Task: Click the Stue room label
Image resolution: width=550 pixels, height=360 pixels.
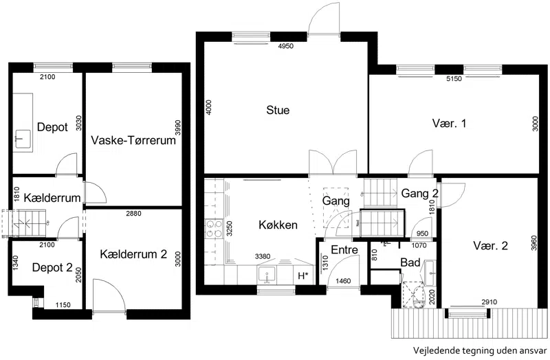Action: coord(278,110)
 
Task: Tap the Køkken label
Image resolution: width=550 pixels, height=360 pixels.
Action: coord(278,225)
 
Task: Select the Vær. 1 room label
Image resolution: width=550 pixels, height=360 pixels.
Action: coord(449,124)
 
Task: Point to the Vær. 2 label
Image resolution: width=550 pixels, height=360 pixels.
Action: coord(490,245)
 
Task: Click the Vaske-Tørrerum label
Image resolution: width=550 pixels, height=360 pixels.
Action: coord(133,140)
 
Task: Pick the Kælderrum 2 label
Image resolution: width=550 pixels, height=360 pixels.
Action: coord(133,254)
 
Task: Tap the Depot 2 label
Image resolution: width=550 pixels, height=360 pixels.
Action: coord(52,267)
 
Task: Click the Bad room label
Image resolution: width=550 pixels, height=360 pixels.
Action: coord(410,262)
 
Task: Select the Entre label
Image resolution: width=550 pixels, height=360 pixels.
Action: coord(344,249)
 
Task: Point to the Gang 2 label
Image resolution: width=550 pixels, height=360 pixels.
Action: coord(420,193)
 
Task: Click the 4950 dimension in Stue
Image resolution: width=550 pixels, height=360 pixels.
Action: coord(285,46)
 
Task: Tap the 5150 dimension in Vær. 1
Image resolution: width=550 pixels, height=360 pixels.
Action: coord(454,79)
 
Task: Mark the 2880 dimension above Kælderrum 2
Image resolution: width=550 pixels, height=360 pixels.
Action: coord(133,214)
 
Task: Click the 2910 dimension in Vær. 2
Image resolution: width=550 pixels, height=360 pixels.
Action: coord(489,302)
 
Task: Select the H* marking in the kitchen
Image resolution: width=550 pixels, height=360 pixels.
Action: coord(303,276)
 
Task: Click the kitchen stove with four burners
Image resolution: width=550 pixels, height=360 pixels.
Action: coord(214,228)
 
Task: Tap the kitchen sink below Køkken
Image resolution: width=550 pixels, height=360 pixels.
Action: coord(267,275)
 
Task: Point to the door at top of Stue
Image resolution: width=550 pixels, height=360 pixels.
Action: coord(324,19)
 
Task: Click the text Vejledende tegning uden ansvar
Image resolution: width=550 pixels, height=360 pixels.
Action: coord(480,350)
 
